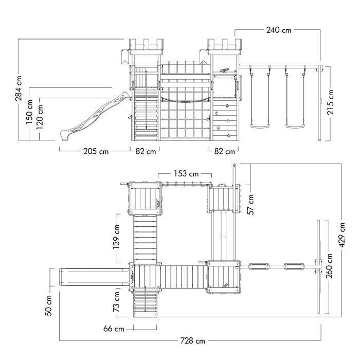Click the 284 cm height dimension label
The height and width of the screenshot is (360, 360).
coord(19,88)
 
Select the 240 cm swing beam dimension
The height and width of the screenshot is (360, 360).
coord(279,30)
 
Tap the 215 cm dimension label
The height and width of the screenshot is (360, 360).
coord(331,102)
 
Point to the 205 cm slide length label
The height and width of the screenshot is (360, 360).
coord(96,152)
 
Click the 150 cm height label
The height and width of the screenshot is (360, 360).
coord(29,112)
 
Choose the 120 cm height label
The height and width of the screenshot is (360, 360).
coord(40,117)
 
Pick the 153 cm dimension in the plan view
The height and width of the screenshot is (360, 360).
coord(186,174)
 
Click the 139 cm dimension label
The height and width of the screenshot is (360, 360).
coord(116,237)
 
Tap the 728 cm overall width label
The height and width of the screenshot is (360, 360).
coord(192,340)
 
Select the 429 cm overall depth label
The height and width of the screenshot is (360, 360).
coord(342,235)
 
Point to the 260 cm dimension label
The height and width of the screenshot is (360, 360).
coord(330,266)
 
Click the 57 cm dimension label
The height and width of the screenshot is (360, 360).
coord(251,204)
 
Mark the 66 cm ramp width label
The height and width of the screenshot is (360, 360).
coord(114,329)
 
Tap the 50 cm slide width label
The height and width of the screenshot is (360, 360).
coord(49,305)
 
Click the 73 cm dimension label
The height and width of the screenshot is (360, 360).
coord(116,301)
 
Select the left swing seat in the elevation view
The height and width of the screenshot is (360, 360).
coord(260,126)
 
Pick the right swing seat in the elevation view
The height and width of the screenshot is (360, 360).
coord(295,126)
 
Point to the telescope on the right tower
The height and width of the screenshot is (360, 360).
coord(225,70)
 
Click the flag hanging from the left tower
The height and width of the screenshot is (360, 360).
coord(125,56)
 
